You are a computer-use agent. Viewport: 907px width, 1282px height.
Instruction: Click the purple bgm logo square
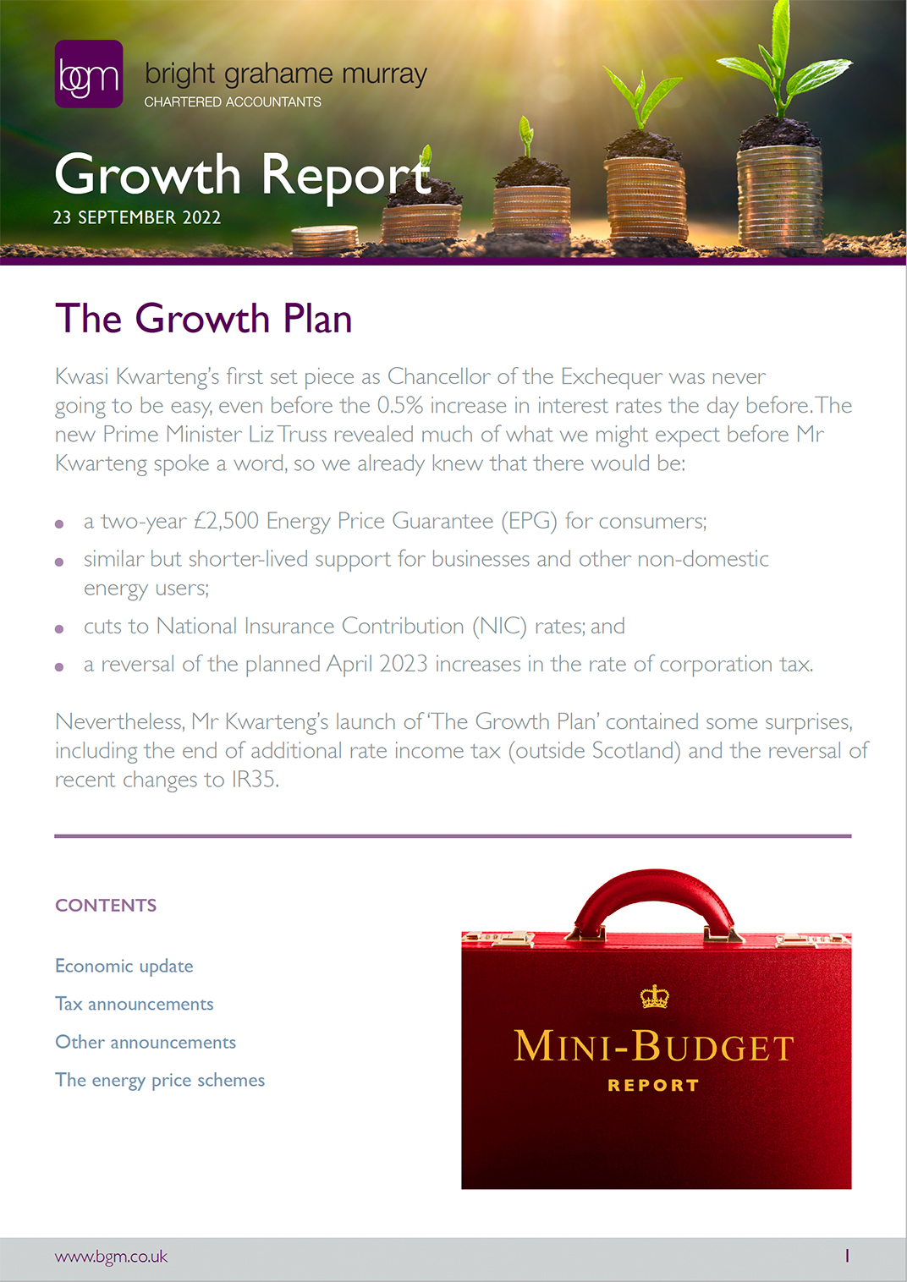coord(89,74)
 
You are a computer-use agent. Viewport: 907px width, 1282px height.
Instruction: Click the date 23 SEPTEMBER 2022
coord(137,217)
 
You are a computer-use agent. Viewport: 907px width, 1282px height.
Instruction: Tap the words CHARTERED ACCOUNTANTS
coord(233,101)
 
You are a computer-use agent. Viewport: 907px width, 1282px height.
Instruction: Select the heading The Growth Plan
coord(203,319)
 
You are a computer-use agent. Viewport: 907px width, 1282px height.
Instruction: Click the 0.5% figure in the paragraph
coord(399,406)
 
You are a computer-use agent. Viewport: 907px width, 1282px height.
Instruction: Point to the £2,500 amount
coord(226,521)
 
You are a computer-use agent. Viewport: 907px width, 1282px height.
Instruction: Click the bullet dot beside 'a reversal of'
coord(59,667)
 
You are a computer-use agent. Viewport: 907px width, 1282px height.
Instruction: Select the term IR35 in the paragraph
coord(254,780)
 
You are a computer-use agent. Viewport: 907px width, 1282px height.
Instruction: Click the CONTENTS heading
coord(106,906)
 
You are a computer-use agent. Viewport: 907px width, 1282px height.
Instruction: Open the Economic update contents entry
coord(124,966)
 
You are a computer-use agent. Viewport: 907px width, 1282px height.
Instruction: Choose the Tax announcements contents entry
coord(135,1004)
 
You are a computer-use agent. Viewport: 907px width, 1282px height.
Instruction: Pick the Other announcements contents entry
coord(146,1042)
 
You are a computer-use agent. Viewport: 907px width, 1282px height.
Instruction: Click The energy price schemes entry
coord(160,1080)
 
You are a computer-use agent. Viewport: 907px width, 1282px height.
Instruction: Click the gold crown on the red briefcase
coord(654,997)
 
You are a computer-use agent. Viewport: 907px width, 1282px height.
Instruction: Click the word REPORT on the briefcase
coord(653,1085)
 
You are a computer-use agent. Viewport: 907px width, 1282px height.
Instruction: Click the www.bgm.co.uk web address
coord(112,1257)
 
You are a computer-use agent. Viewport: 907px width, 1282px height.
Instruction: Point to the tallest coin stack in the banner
coord(779,199)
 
